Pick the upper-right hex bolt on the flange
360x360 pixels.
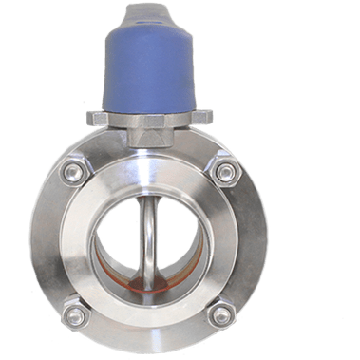click(x=225, y=172)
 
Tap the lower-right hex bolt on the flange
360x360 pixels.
click(x=219, y=313)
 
